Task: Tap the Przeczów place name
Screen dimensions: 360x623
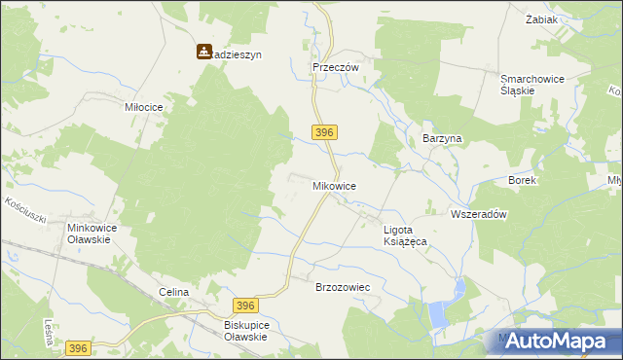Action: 336,67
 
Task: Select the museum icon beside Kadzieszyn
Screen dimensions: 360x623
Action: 204,51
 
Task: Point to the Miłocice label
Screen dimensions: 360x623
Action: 142,107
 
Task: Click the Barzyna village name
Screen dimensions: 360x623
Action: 441,139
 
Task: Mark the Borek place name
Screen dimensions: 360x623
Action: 522,180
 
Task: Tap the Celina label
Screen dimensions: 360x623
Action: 172,292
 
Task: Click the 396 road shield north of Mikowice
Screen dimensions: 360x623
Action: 325,131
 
